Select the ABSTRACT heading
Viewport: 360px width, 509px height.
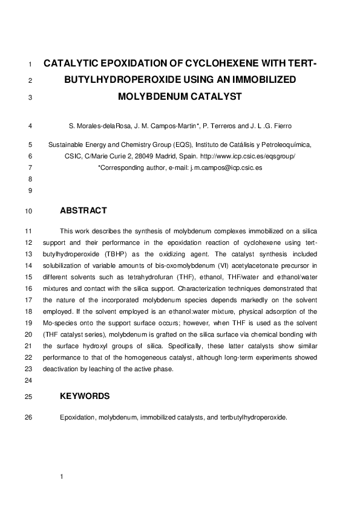coord(83,211)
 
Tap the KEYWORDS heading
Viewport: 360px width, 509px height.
coord(85,397)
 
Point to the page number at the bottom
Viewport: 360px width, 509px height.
coord(62,478)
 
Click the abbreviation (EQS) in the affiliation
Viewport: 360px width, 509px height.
coord(180,145)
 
